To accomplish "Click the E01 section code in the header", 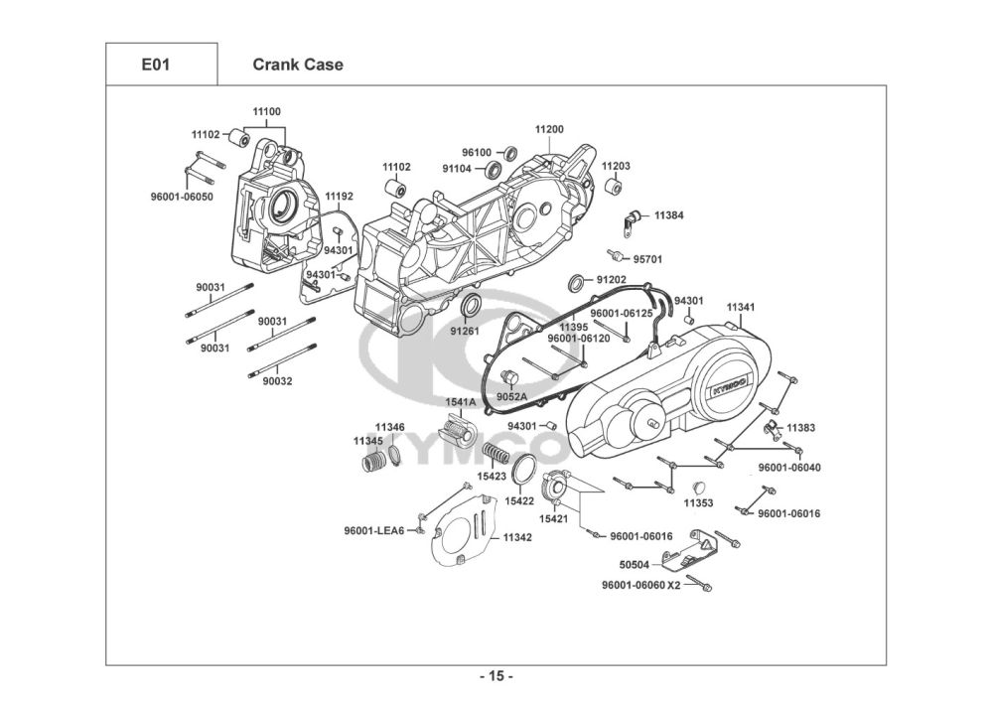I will (x=156, y=66).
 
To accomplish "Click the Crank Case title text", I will (x=298, y=66).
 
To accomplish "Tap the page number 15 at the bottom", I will (x=496, y=677).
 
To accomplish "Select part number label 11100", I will (x=266, y=112).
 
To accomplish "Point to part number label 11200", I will (x=549, y=129).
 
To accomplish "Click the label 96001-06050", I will (x=189, y=197).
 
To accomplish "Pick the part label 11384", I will (x=669, y=214).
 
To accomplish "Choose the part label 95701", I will (x=648, y=259).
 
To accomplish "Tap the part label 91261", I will (x=465, y=331).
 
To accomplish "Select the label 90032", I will (x=278, y=380).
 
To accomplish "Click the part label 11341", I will (x=741, y=308).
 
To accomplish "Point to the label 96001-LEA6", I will (x=374, y=530).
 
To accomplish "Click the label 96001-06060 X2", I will (x=641, y=585).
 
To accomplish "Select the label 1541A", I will (x=460, y=402).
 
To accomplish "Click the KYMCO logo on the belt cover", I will (x=730, y=384).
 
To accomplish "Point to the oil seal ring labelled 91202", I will (x=577, y=281).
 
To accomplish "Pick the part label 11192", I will (x=340, y=197).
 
